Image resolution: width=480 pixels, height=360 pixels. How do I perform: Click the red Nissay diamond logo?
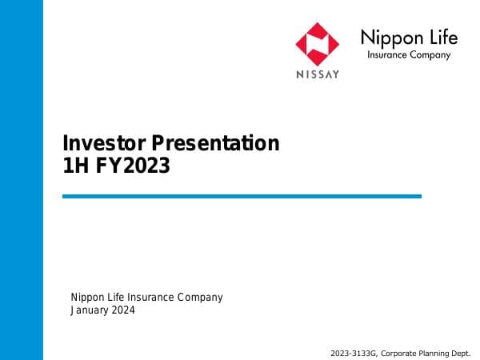click(x=318, y=44)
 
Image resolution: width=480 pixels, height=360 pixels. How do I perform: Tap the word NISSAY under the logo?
click(x=318, y=74)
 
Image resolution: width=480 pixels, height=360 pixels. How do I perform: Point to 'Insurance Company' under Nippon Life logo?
click(x=408, y=55)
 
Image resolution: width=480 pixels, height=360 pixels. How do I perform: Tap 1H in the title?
click(x=74, y=166)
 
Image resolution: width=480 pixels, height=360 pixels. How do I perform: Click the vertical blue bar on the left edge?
click(x=22, y=180)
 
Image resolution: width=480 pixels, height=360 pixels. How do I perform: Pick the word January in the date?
click(x=90, y=311)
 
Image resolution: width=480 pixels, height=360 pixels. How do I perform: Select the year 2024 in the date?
click(x=124, y=311)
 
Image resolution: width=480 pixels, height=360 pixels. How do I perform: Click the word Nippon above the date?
click(x=87, y=298)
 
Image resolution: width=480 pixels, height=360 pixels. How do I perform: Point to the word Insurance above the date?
click(x=150, y=298)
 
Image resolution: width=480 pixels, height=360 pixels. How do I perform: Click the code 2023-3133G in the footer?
click(x=354, y=353)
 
